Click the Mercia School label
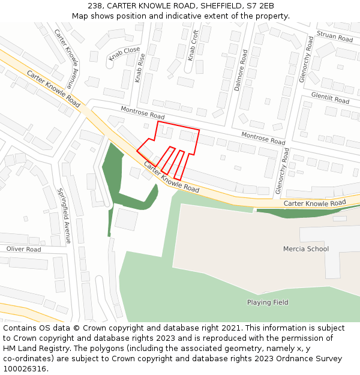click(306, 248)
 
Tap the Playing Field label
click(268, 302)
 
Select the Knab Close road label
click(124, 54)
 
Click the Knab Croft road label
click(193, 45)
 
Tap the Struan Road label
click(335, 37)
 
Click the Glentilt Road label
click(330, 98)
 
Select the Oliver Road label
click(23, 249)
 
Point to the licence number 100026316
click(24, 368)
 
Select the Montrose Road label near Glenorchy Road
click(263, 139)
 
